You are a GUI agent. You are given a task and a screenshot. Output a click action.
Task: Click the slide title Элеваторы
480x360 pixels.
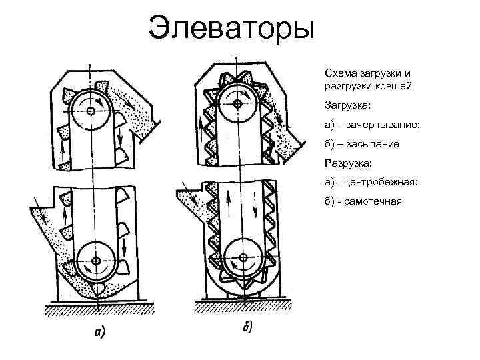[x=230, y=28]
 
